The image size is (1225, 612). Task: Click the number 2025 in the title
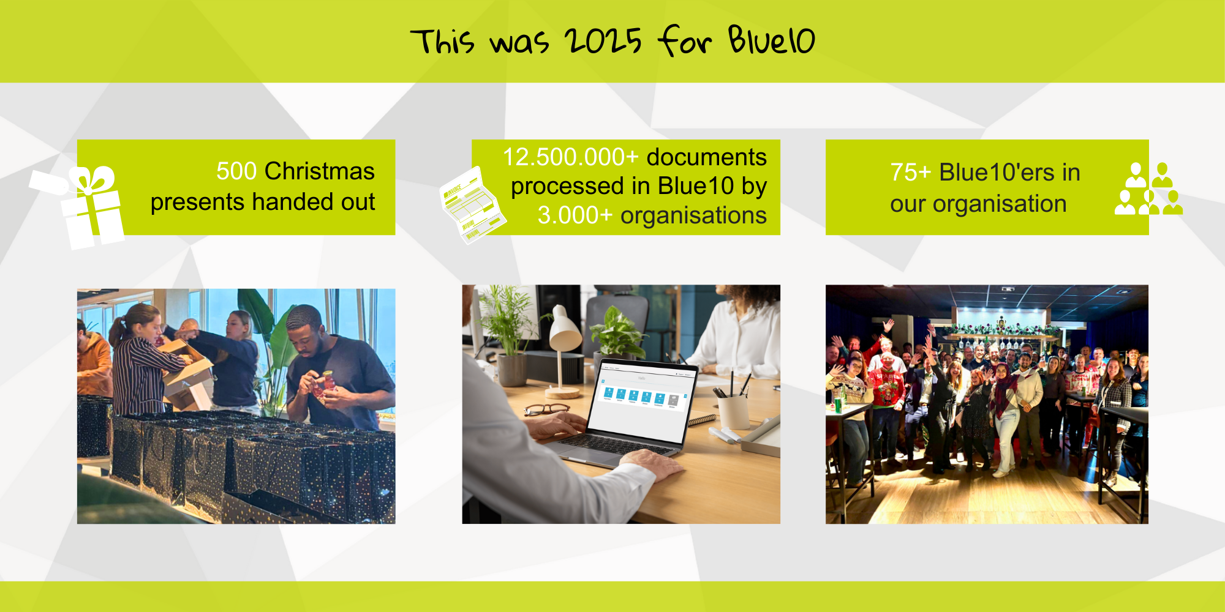pos(603,41)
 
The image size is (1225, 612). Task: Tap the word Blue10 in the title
pos(772,40)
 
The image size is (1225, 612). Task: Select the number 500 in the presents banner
pos(236,171)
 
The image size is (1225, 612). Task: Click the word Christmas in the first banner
pos(320,171)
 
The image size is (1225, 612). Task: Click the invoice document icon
pos(472,206)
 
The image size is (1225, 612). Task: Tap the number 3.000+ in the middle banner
pos(575,215)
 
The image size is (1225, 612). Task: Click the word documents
pos(707,157)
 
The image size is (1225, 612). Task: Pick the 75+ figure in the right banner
pos(911,173)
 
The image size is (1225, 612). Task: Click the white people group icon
pos(1148,188)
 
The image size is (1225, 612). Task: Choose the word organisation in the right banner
pos(1000,204)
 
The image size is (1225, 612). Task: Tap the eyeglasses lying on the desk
pos(546,409)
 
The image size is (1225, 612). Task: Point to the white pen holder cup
pos(733,411)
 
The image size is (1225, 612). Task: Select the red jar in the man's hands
pos(327,382)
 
